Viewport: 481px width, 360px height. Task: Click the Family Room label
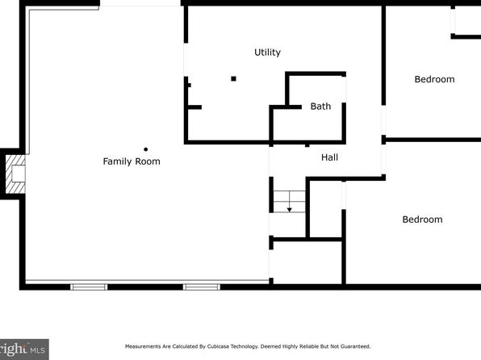(132, 161)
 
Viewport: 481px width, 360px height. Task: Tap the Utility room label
(267, 52)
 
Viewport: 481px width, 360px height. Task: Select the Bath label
(320, 107)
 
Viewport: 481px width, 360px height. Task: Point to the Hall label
(329, 157)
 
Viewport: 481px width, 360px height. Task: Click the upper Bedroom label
(434, 79)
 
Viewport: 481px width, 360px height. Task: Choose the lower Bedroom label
(422, 220)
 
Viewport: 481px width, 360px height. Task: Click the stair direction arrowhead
(289, 210)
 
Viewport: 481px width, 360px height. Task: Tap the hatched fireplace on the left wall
(15, 174)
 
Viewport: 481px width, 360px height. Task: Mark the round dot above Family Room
(146, 149)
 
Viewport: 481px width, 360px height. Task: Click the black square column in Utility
(233, 79)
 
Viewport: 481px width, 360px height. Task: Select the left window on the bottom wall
(89, 287)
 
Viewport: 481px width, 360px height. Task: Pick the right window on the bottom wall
(202, 287)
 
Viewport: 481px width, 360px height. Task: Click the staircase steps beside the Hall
(289, 201)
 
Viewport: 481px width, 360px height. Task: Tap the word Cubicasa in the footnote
(217, 346)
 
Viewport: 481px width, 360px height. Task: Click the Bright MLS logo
(23, 350)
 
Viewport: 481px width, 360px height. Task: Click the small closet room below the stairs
(307, 262)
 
